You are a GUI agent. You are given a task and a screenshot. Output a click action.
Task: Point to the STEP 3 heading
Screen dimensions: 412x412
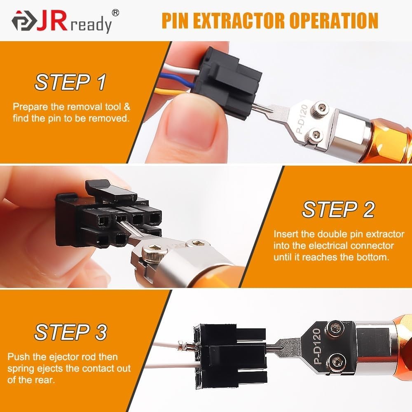[x=70, y=332]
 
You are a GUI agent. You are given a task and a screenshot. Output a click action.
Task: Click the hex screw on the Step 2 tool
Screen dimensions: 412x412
[x=149, y=249]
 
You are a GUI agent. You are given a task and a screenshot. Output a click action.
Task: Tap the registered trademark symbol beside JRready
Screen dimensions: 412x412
[x=116, y=13]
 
